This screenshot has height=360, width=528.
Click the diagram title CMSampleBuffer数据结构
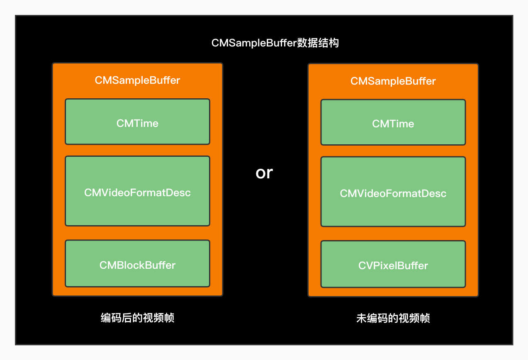pyautogui.click(x=275, y=43)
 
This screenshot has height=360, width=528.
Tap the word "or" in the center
pyautogui.click(x=264, y=173)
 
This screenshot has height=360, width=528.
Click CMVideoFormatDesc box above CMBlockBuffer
pyautogui.click(x=137, y=207)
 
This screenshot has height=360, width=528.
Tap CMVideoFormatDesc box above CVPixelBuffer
pyautogui.click(x=393, y=208)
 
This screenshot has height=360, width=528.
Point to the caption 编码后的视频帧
pyautogui.click(x=137, y=318)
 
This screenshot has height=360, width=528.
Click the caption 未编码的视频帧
pyautogui.click(x=393, y=318)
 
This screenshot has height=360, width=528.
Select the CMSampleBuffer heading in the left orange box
pyautogui.click(x=137, y=80)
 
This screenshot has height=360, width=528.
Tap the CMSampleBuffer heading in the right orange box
pyautogui.click(x=393, y=81)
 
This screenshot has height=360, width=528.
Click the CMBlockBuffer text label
pyautogui.click(x=137, y=265)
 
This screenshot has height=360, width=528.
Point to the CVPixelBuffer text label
pyautogui.click(x=393, y=265)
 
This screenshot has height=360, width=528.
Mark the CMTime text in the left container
pyautogui.click(x=137, y=123)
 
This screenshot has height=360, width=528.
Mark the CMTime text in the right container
pyautogui.click(x=393, y=124)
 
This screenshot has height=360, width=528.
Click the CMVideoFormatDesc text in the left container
pyautogui.click(x=137, y=192)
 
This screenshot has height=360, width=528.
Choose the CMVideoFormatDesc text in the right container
pyautogui.click(x=393, y=193)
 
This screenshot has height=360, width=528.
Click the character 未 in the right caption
pyautogui.click(x=362, y=318)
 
